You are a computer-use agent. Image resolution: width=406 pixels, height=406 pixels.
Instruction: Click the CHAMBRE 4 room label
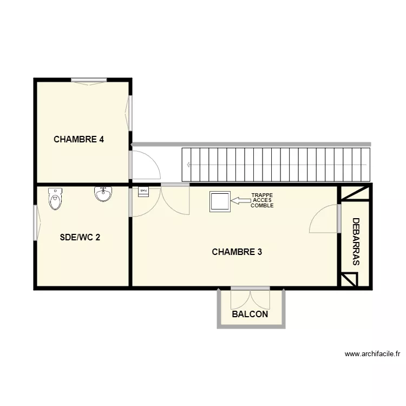(x=79, y=139)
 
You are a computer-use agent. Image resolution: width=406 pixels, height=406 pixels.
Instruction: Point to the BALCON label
(x=250, y=314)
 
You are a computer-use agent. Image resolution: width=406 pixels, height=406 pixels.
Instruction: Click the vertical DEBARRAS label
(x=356, y=241)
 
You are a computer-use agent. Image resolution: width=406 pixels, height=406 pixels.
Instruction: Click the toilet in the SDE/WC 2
(x=55, y=199)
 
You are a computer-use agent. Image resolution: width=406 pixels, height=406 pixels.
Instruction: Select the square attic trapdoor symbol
(x=220, y=201)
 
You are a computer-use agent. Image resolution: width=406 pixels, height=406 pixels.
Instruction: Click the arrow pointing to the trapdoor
(x=240, y=201)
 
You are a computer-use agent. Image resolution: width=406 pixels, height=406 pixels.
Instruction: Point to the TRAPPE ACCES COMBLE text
(x=263, y=201)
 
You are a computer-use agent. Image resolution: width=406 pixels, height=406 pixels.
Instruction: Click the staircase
(x=276, y=164)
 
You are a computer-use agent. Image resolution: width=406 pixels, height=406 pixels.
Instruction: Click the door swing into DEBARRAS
(x=325, y=219)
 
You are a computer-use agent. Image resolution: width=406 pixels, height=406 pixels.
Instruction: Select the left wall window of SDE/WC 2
(x=36, y=222)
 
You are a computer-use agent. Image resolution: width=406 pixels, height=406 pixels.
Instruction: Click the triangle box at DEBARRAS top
(x=355, y=192)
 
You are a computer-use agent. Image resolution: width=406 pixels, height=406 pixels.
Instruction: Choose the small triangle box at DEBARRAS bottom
(x=349, y=279)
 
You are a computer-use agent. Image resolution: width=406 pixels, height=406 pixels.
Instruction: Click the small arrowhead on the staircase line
(x=188, y=164)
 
